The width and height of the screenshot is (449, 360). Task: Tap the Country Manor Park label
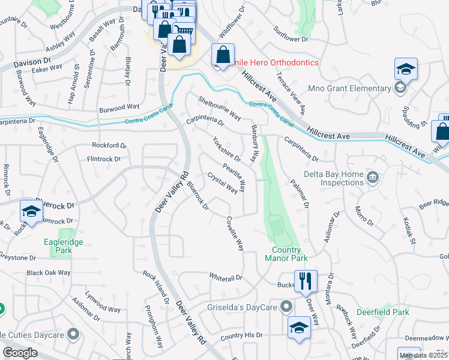tap(286, 254)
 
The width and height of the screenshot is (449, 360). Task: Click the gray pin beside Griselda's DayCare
tap(287, 307)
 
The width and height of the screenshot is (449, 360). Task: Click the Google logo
tap(20, 353)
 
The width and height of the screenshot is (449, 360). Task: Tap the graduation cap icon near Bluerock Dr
tap(31, 211)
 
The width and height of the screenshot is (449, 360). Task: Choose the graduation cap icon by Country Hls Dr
tap(299, 328)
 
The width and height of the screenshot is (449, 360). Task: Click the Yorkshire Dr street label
tap(226, 149)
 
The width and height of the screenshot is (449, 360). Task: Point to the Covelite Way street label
tap(235, 234)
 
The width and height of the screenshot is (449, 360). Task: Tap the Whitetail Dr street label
tap(225, 278)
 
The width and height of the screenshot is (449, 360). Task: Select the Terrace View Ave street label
tap(291, 94)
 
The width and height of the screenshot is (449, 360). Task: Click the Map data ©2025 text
tap(423, 355)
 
